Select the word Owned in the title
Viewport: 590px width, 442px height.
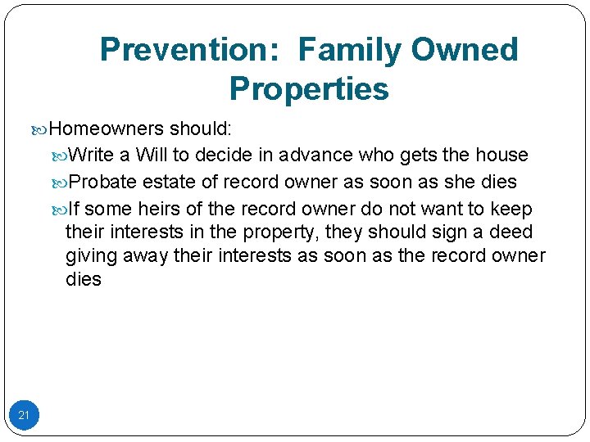click(465, 51)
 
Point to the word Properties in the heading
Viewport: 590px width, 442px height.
click(309, 88)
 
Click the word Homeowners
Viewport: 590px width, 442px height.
click(107, 129)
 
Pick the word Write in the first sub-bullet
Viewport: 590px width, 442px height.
click(91, 155)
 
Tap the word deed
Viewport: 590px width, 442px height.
click(511, 232)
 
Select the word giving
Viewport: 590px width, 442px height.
click(92, 256)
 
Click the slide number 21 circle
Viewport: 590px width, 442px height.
click(24, 415)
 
